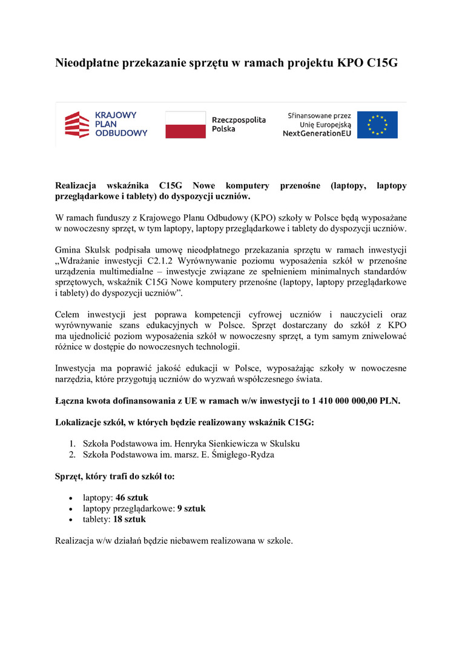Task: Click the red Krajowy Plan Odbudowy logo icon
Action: pos(77,125)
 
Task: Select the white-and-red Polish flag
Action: pos(185,125)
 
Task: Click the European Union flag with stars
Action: pos(377,125)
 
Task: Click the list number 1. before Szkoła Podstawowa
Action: pos(71,443)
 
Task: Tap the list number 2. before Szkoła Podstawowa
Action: pos(71,455)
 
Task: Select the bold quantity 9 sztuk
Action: pos(191,509)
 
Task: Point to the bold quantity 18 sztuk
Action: pos(129,520)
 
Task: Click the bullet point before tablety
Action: pos(72,520)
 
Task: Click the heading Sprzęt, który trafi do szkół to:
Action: pos(115,476)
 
